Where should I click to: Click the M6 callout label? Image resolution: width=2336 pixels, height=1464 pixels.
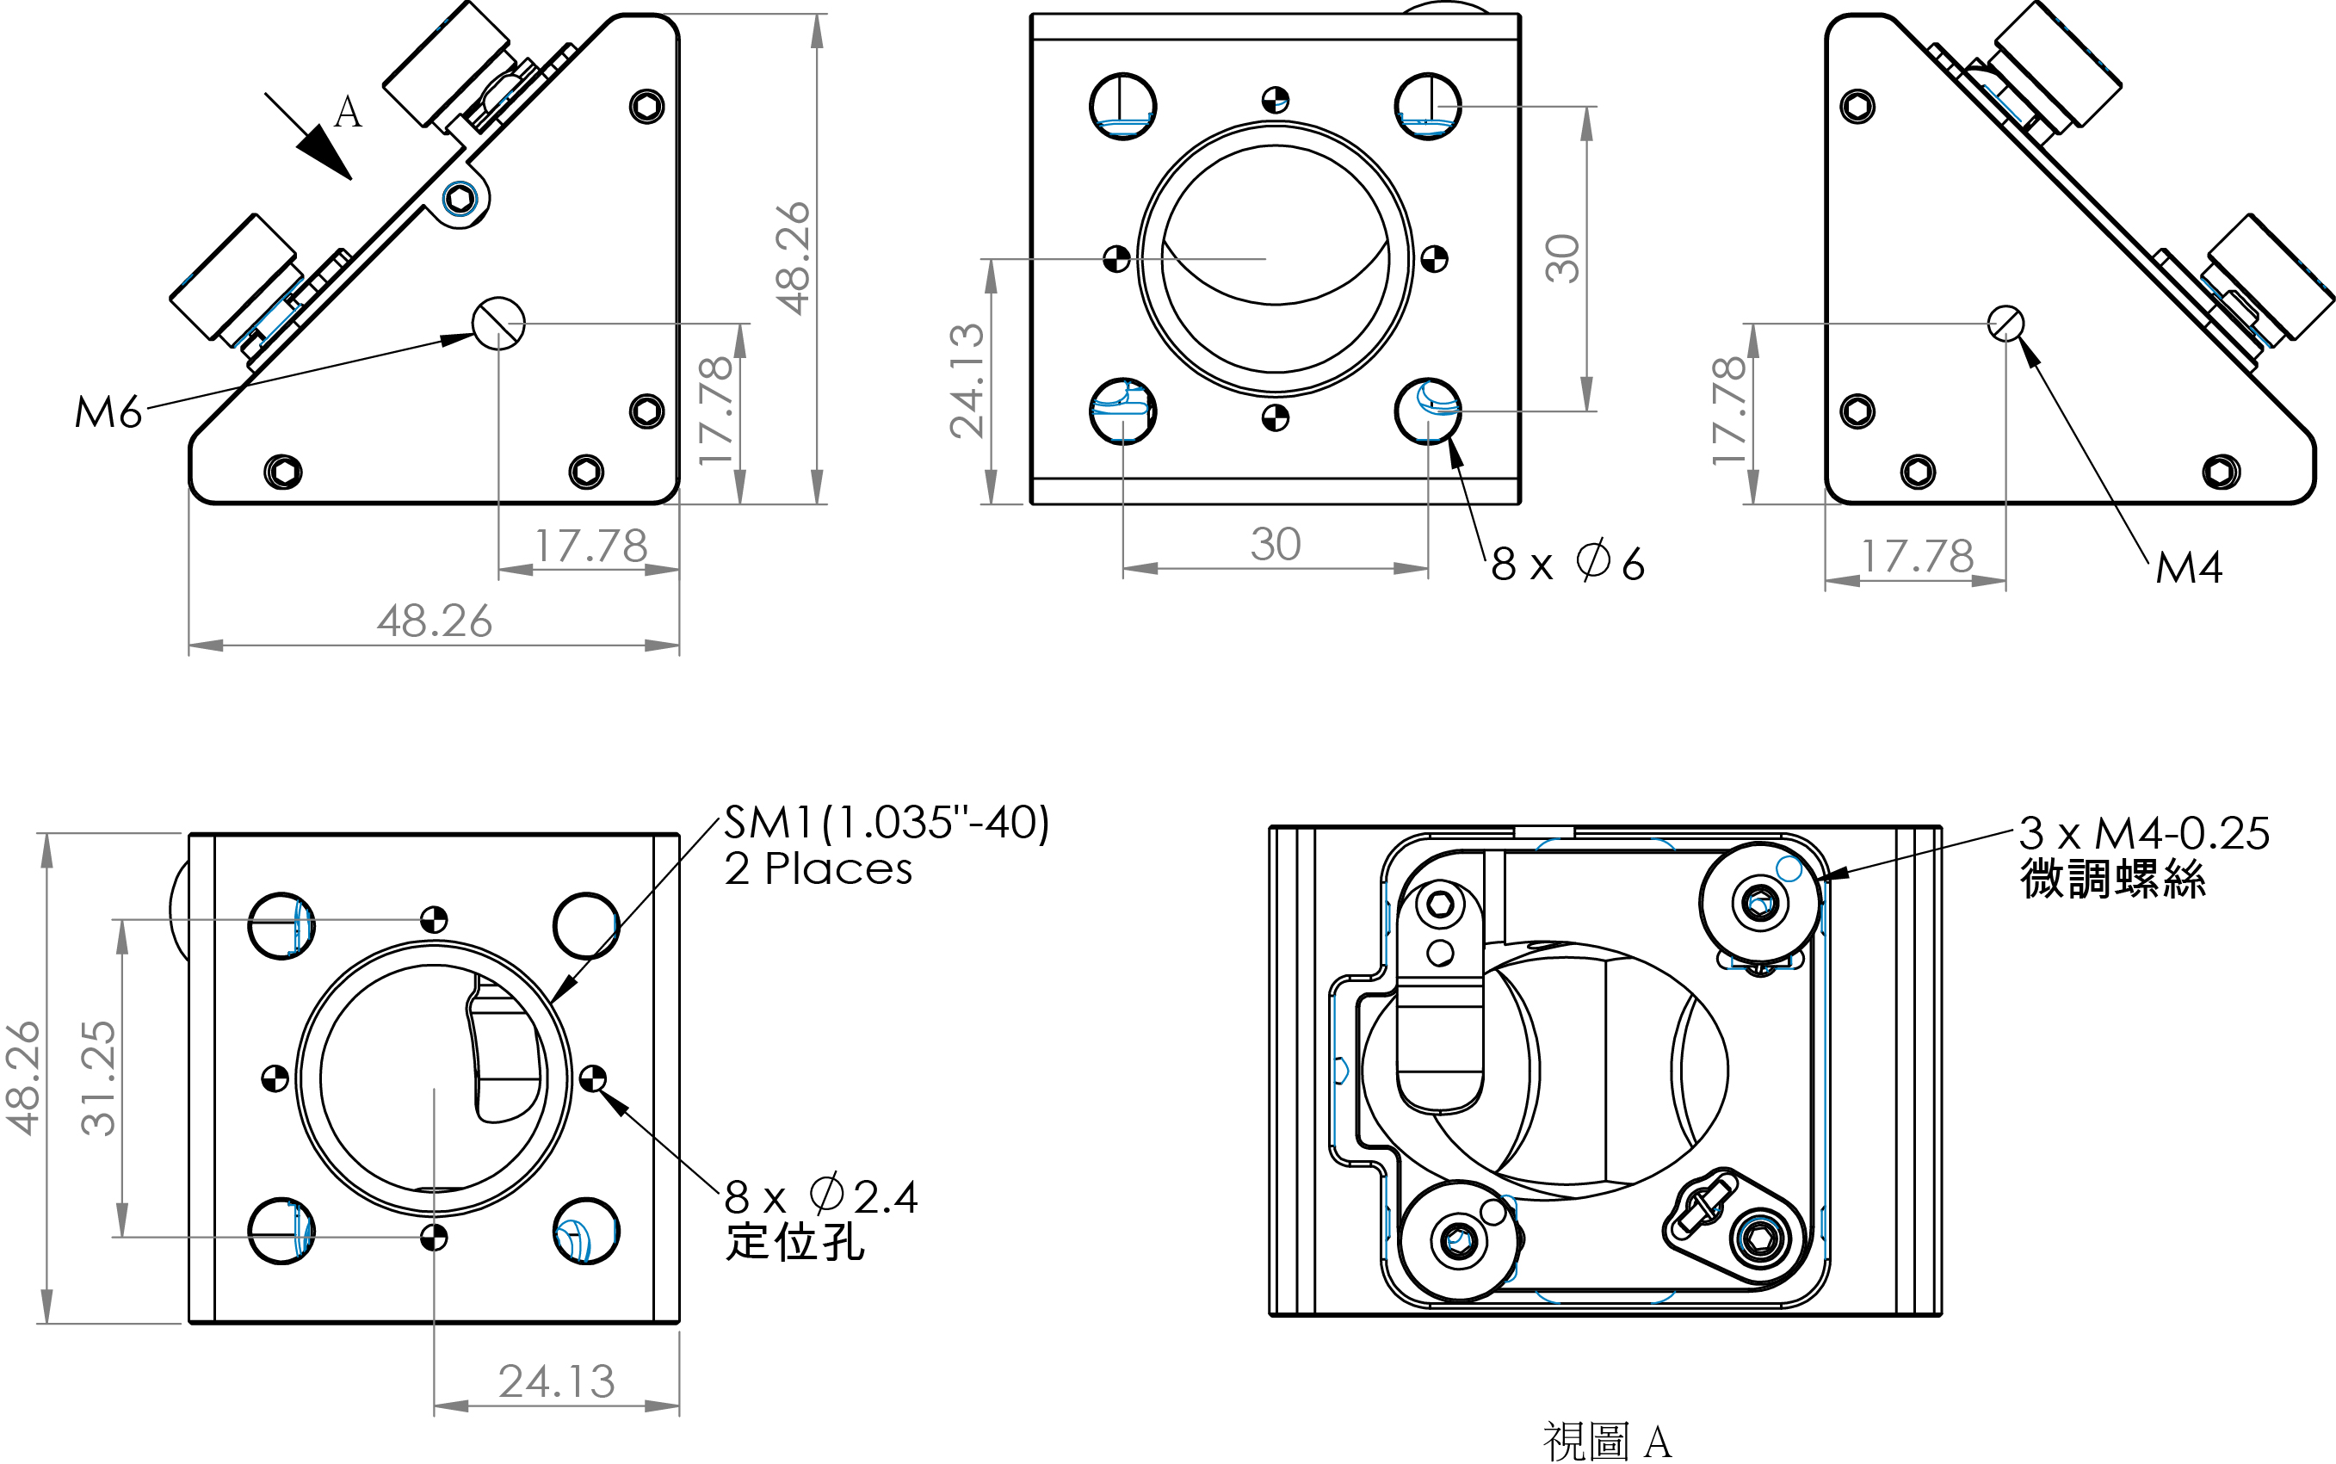(x=108, y=412)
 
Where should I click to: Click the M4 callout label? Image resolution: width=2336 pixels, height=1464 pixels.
(x=2188, y=567)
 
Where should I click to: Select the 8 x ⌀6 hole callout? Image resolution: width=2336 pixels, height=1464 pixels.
(x=1567, y=563)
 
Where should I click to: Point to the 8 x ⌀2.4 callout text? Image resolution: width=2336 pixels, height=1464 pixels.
(x=820, y=1196)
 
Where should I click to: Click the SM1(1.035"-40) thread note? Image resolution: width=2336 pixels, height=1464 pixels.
(x=886, y=823)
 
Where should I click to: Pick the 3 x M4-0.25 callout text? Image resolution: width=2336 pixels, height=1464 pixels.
(x=2143, y=834)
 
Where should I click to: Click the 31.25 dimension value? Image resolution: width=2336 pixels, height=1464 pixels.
(x=99, y=1078)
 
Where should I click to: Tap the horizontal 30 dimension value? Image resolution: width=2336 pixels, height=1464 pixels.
(x=1275, y=544)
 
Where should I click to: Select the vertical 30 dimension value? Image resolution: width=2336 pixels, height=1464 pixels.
(x=1562, y=258)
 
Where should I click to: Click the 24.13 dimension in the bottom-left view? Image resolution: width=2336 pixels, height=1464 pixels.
(x=557, y=1381)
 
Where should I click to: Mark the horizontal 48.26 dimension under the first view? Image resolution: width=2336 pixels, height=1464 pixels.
(x=434, y=621)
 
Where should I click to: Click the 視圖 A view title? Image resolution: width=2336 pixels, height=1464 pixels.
(x=1607, y=1441)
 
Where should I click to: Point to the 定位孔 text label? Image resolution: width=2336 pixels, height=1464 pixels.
(x=794, y=1242)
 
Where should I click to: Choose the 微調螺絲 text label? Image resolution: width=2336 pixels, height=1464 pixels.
(x=2112, y=880)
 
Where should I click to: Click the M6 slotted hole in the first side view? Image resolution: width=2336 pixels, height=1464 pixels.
(x=498, y=324)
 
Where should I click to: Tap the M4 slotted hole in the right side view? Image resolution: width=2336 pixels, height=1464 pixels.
(x=2005, y=324)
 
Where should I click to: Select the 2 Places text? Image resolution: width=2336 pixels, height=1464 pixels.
(x=818, y=868)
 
